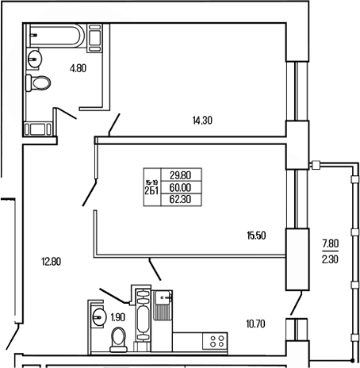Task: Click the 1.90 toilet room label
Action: [x=117, y=318]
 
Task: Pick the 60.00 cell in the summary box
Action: [x=182, y=187]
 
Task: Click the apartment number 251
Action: [x=151, y=189]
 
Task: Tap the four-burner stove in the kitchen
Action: [x=213, y=342]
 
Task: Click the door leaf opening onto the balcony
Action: [x=297, y=302]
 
